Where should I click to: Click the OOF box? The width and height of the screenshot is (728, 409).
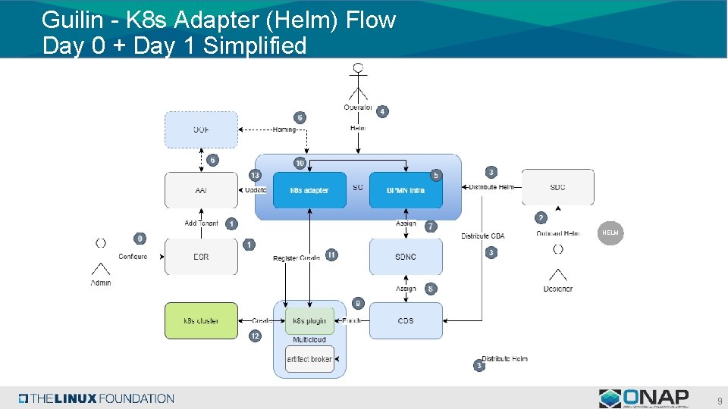pyautogui.click(x=201, y=130)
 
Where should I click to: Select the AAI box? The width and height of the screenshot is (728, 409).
pyautogui.click(x=201, y=190)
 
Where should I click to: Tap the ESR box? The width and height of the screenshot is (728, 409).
pyautogui.click(x=201, y=257)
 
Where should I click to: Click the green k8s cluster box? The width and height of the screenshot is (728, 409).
pyautogui.click(x=201, y=320)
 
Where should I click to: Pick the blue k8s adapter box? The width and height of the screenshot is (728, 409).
pyautogui.click(x=309, y=190)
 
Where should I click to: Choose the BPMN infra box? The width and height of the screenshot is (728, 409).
pyautogui.click(x=406, y=190)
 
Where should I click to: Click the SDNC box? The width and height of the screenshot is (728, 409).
pyautogui.click(x=406, y=257)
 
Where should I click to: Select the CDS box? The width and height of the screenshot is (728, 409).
pyautogui.click(x=406, y=320)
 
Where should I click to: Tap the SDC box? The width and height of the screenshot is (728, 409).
pyautogui.click(x=557, y=187)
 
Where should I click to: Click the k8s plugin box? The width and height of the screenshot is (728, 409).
pyautogui.click(x=309, y=320)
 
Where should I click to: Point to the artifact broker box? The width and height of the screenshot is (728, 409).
pyautogui.click(x=309, y=358)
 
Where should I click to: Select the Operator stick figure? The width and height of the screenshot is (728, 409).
pyautogui.click(x=358, y=83)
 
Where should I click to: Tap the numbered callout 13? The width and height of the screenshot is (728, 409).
pyautogui.click(x=255, y=175)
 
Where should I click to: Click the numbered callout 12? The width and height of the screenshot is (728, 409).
pyautogui.click(x=255, y=336)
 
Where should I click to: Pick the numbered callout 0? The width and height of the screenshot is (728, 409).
pyautogui.click(x=140, y=239)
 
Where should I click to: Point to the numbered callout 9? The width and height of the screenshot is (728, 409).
pyautogui.click(x=359, y=303)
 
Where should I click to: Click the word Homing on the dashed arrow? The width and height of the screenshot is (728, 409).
pyautogui.click(x=284, y=130)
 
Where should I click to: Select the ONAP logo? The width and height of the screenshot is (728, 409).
pyautogui.click(x=644, y=398)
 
